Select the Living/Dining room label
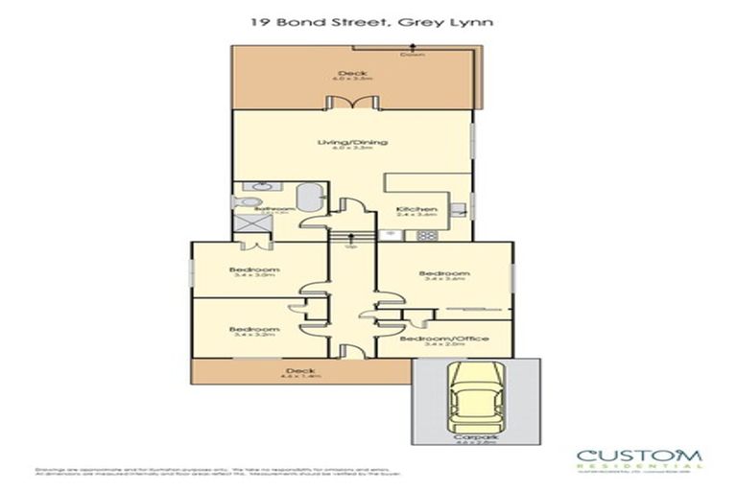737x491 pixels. pyautogui.click(x=352, y=143)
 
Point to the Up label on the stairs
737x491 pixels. pyautogui.click(x=352, y=245)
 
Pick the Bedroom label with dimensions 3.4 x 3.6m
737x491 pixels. pyautogui.click(x=442, y=273)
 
